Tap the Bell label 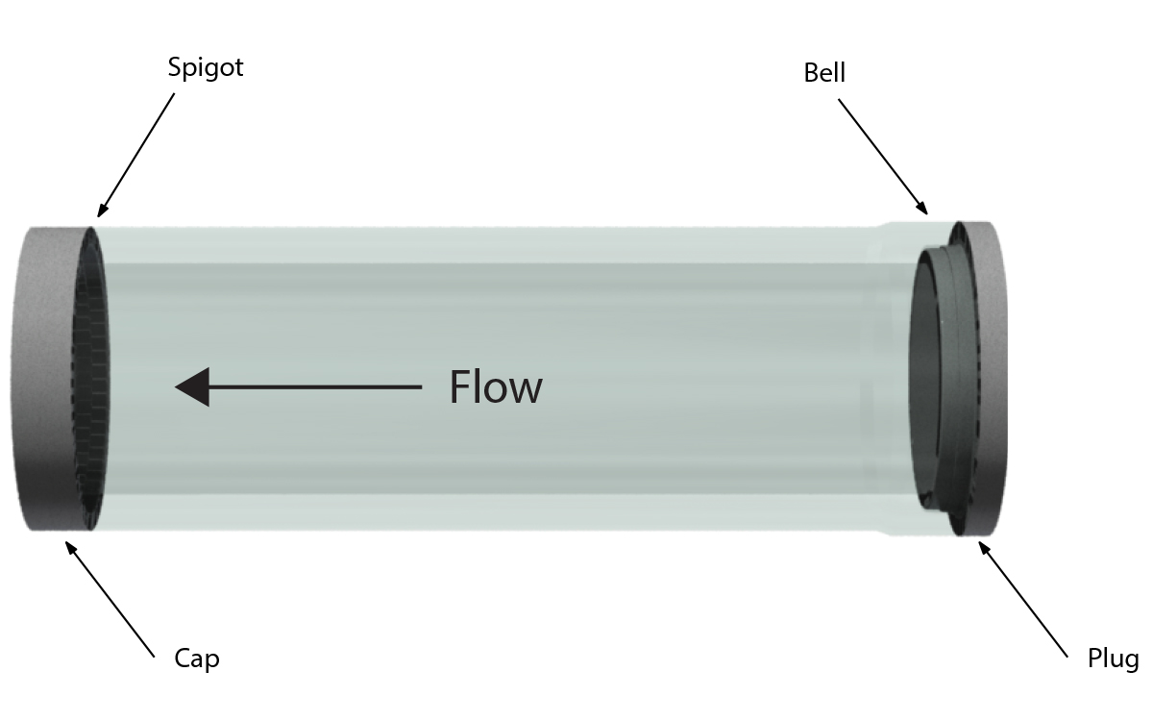[824, 73]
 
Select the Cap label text [196, 659]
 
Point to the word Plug [1113, 659]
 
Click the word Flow [496, 387]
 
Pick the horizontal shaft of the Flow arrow [317, 387]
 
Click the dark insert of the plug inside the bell [937, 385]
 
